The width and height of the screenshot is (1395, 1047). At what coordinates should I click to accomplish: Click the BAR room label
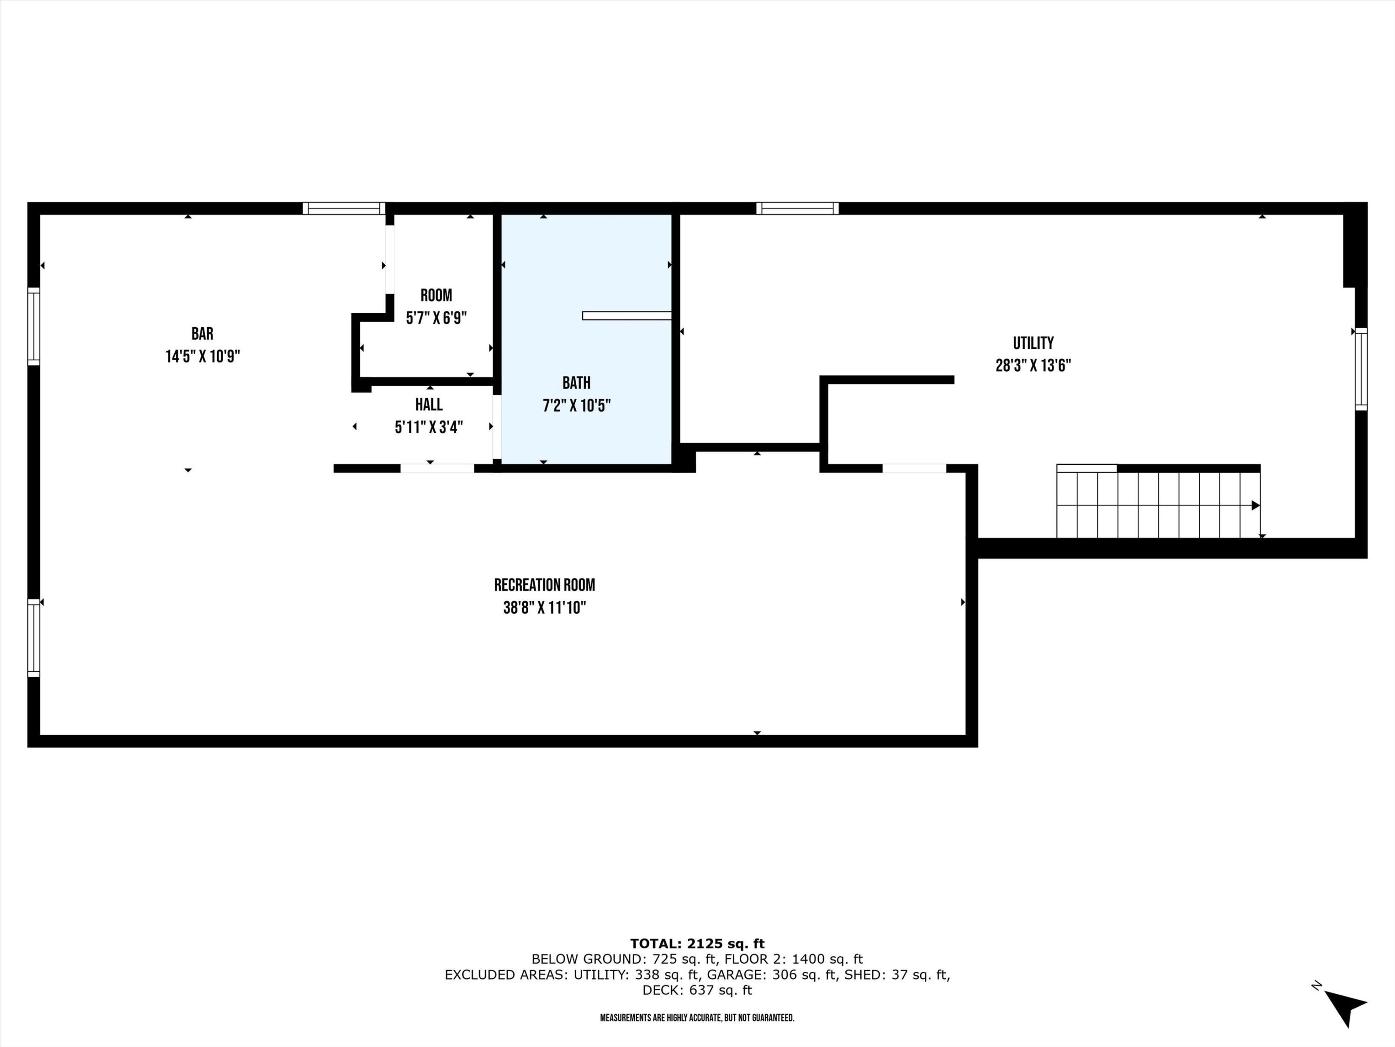click(x=202, y=333)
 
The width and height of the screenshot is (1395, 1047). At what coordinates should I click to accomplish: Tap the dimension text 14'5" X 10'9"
click(x=202, y=356)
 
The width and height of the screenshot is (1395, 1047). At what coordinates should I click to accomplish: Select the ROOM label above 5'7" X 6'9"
click(x=437, y=295)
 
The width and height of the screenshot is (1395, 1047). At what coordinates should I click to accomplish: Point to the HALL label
click(x=429, y=404)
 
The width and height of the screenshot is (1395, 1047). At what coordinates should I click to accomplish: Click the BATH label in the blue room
click(x=577, y=383)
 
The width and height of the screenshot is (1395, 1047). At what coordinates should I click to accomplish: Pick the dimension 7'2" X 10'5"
click(x=577, y=405)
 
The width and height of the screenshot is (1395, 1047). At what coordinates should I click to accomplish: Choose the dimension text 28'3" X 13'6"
click(x=1033, y=365)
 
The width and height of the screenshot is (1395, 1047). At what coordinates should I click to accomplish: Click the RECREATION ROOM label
click(x=544, y=585)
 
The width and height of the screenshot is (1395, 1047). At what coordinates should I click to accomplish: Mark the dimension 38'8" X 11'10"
click(x=544, y=608)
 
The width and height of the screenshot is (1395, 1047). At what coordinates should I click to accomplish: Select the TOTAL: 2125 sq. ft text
click(x=697, y=944)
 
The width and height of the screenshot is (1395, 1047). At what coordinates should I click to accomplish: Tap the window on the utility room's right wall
click(x=1361, y=369)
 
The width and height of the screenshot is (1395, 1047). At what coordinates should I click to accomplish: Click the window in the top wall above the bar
click(x=344, y=208)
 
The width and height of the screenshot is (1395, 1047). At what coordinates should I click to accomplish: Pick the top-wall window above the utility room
click(x=797, y=208)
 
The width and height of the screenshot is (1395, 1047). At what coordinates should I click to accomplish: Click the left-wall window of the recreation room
click(x=33, y=638)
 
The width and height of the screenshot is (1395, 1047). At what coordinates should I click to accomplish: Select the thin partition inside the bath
click(x=627, y=315)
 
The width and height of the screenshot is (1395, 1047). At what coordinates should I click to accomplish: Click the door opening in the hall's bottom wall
click(x=437, y=468)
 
